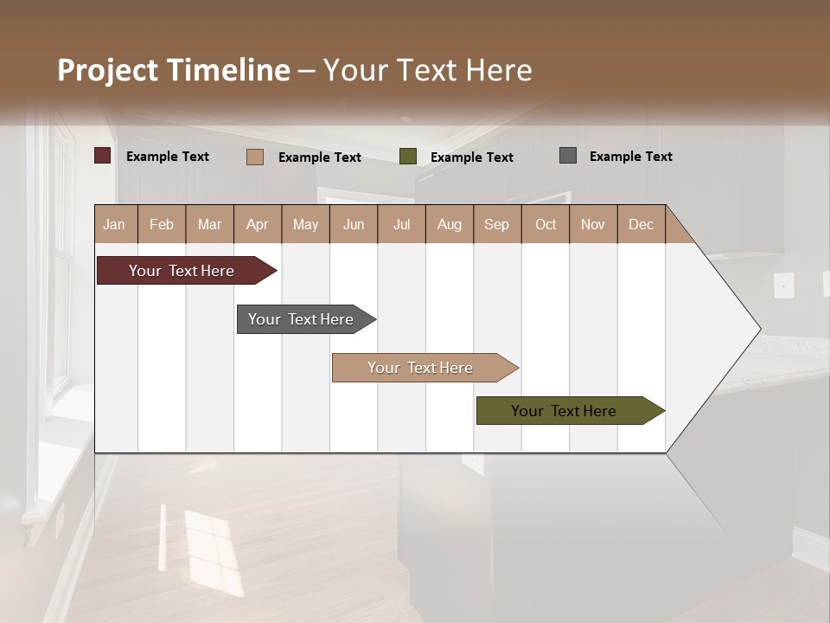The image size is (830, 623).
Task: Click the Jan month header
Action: tap(114, 224)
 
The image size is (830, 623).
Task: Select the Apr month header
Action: tap(257, 224)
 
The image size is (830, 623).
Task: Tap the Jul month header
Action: tap(401, 224)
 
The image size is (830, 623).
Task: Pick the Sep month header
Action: tap(496, 224)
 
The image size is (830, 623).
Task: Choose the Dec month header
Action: tap(641, 224)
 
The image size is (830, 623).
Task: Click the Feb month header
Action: tap(162, 224)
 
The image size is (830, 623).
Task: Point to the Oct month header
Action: tap(546, 224)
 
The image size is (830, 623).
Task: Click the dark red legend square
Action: tap(103, 156)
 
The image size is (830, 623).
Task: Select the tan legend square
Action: tap(255, 157)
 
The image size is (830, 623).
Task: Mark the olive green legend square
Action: tap(408, 157)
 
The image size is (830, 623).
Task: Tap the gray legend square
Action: tap(568, 156)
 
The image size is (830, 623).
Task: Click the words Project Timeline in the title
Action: tap(174, 70)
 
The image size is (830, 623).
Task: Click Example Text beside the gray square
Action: tap(630, 157)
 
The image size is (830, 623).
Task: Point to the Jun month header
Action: tap(354, 224)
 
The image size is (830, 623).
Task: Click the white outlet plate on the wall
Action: tap(783, 285)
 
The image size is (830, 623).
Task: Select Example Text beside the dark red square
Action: tap(168, 157)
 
